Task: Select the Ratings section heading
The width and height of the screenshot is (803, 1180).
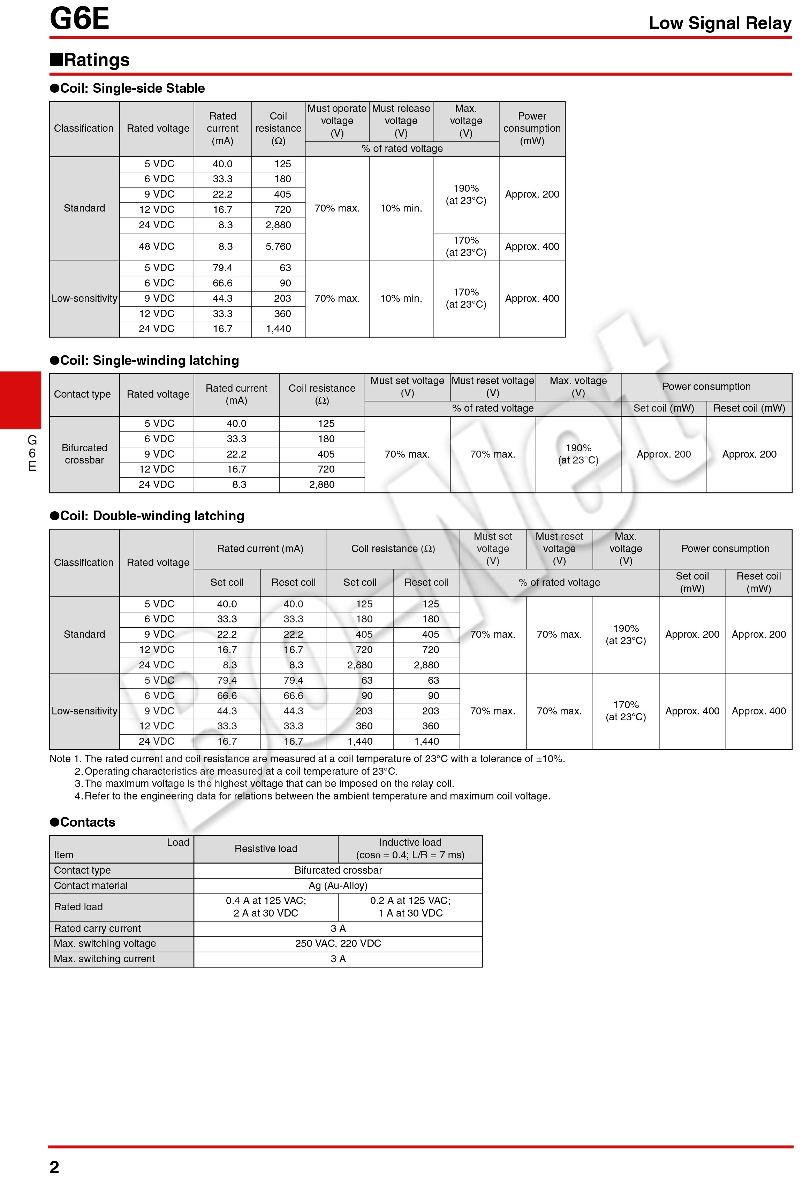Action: pyautogui.click(x=90, y=60)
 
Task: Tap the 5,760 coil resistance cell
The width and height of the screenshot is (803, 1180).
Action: pyautogui.click(x=278, y=247)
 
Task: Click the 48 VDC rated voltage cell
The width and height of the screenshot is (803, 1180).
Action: pyautogui.click(x=157, y=247)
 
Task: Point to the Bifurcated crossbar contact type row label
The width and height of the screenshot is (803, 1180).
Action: pyautogui.click(x=84, y=454)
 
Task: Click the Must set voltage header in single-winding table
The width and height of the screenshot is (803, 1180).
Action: pyautogui.click(x=407, y=387)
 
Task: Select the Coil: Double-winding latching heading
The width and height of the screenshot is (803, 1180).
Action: pyautogui.click(x=147, y=516)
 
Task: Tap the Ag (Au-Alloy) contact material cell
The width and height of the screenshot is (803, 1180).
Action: pyautogui.click(x=338, y=886)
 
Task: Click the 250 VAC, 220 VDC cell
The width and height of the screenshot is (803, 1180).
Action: pyautogui.click(x=338, y=943)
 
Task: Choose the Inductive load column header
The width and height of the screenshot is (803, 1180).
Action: pyautogui.click(x=410, y=849)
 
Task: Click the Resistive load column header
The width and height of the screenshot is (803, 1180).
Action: pyautogui.click(x=266, y=849)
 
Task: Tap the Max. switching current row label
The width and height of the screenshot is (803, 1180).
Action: pyautogui.click(x=104, y=959)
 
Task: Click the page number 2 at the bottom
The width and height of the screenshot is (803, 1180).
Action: pyautogui.click(x=54, y=1167)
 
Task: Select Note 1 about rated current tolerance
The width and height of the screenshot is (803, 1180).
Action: pyautogui.click(x=307, y=759)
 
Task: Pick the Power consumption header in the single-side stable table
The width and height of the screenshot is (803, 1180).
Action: pyautogui.click(x=532, y=129)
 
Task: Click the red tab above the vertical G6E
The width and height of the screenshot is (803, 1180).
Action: pyautogui.click(x=20, y=400)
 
